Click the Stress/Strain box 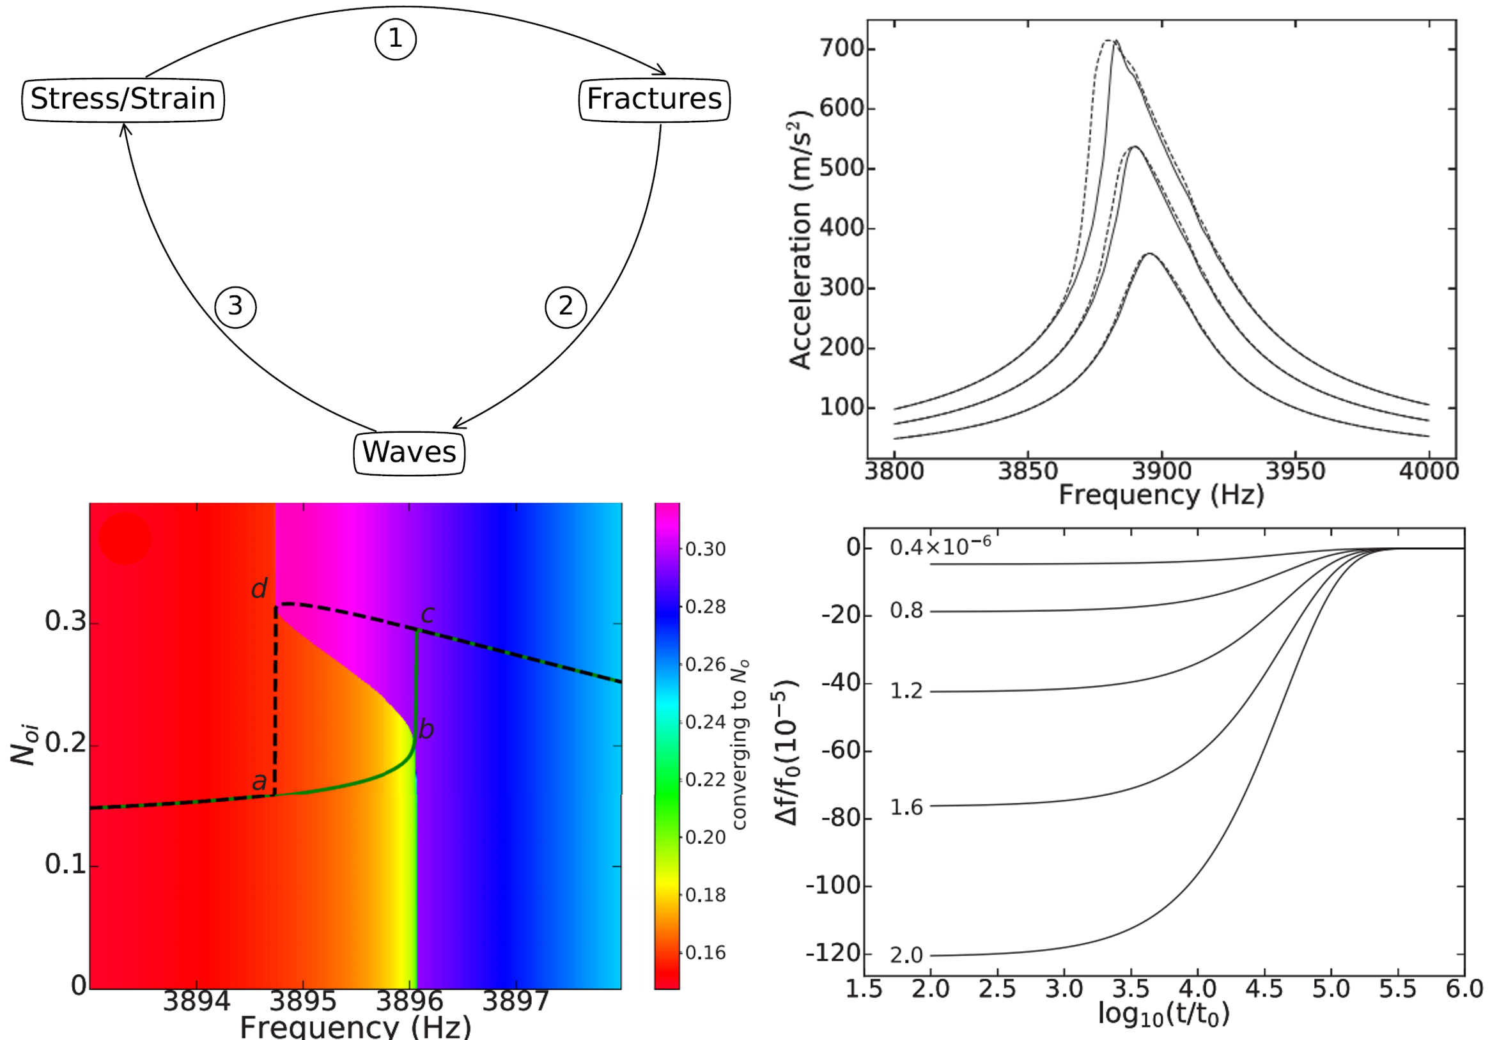tap(123, 99)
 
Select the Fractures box tap(653, 99)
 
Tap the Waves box tap(409, 452)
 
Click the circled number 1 tap(395, 39)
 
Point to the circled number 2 tap(565, 306)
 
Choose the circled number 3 tap(236, 306)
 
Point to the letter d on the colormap tap(259, 589)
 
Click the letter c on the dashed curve tap(428, 613)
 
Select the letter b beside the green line tap(426, 730)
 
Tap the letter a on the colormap tap(259, 782)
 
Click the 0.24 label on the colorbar tap(706, 722)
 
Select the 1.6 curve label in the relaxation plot tap(906, 808)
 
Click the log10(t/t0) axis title tap(1163, 1013)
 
